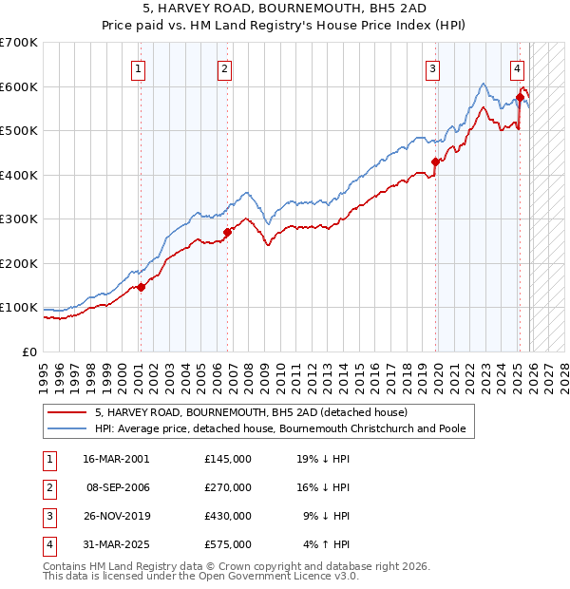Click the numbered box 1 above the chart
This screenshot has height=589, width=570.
pos(139,67)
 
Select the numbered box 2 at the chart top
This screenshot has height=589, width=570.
pos(224,67)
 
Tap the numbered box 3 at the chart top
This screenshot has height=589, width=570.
pos(432,67)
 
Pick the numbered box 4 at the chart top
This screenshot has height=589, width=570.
pos(517,67)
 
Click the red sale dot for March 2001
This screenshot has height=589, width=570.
pos(141,287)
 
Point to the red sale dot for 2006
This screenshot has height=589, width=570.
pos(228,232)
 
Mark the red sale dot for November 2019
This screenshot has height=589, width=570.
pos(436,161)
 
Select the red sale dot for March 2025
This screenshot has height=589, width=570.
pos(521,97)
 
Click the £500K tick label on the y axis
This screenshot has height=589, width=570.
pos(19,130)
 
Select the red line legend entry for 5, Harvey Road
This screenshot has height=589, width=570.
pos(251,412)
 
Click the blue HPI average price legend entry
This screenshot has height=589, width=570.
pos(280,428)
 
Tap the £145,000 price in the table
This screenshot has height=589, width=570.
pos(227,458)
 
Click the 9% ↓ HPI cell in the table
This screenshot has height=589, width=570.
pos(326,517)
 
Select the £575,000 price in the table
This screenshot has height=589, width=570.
pos(227,545)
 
